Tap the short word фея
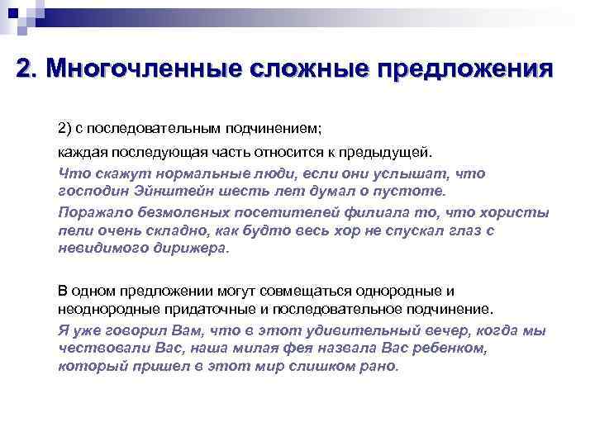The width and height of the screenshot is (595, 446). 338,347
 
